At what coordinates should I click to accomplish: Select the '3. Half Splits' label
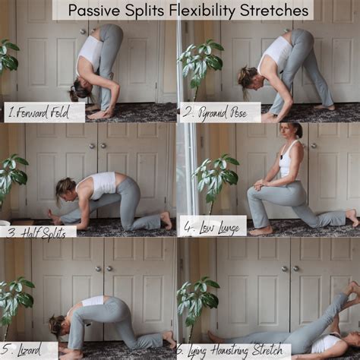[36, 231]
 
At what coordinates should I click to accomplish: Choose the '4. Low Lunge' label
[211, 226]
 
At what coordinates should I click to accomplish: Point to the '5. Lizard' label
[28, 349]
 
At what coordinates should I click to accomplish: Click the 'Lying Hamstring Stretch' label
[235, 351]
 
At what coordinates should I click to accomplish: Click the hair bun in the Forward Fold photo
[74, 95]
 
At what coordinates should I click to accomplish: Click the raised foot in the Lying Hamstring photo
[351, 290]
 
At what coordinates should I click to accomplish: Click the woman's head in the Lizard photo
[58, 327]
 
